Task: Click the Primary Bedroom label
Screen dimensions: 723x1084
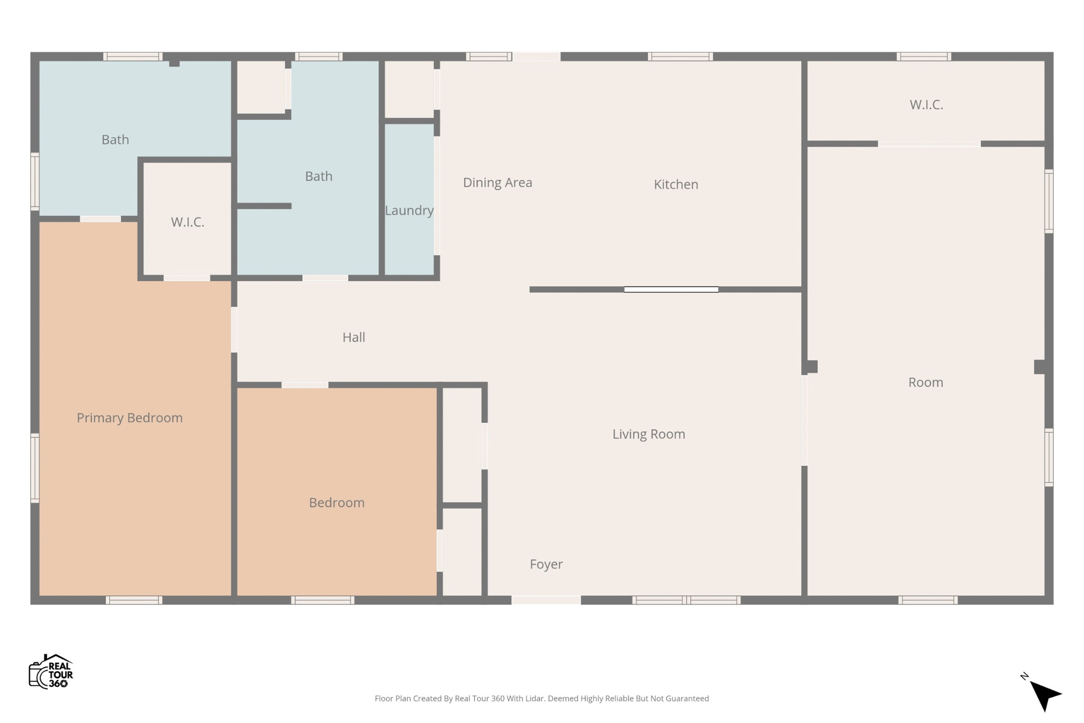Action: click(x=130, y=418)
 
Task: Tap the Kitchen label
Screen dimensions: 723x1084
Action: click(x=676, y=184)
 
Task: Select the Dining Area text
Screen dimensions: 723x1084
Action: click(x=498, y=183)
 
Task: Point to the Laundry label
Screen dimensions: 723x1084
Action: click(x=409, y=210)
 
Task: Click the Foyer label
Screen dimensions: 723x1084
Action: click(x=546, y=564)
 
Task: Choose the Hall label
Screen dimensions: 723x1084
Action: click(x=354, y=337)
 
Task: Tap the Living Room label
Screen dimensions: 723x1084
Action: click(x=648, y=434)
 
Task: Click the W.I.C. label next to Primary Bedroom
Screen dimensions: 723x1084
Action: click(x=187, y=222)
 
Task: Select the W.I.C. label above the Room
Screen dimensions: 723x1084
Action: click(x=926, y=105)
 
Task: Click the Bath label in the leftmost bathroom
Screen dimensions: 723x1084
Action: click(x=115, y=140)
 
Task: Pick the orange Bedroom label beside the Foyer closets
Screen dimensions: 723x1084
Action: click(x=337, y=502)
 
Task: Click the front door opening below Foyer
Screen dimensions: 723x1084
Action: click(x=546, y=600)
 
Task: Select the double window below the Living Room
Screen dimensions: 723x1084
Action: click(x=686, y=600)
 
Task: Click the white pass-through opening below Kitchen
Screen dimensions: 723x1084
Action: click(x=671, y=290)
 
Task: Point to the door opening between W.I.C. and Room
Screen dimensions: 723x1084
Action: click(x=929, y=144)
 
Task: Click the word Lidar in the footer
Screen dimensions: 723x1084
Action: click(x=535, y=699)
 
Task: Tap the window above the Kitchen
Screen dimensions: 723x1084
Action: click(x=680, y=57)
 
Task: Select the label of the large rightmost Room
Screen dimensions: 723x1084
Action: click(x=926, y=382)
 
